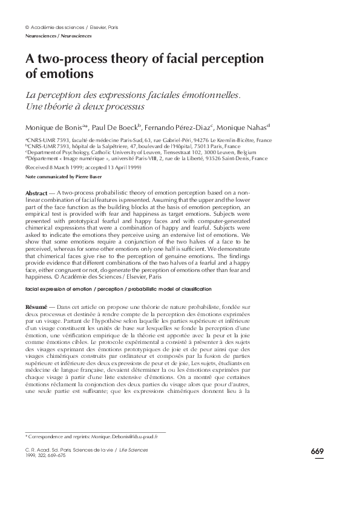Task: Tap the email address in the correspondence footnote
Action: tap(121, 435)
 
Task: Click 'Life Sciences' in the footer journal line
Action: tap(133, 450)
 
